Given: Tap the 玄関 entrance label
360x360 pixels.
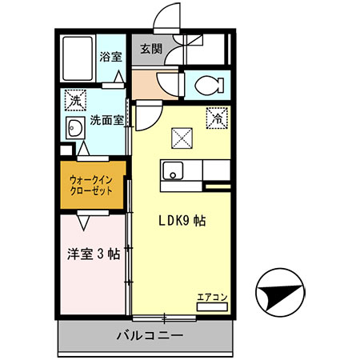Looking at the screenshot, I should click(151, 50).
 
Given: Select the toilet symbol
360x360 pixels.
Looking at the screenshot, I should click(203, 82).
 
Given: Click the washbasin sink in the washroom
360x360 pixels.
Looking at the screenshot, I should click(75, 129).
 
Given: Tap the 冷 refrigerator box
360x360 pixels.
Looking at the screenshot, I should click(217, 116).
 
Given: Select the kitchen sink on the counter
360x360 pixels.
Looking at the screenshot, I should click(173, 170).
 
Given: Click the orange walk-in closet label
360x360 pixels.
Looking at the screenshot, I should click(90, 186).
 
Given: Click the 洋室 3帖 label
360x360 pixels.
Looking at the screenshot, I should click(92, 254).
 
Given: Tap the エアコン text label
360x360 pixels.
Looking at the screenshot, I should click(213, 297).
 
